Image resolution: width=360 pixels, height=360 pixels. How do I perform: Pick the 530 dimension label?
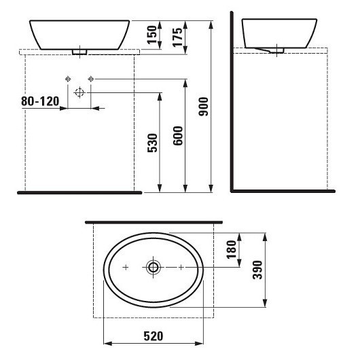tap(152, 143)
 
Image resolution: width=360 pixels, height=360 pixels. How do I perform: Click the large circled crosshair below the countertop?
tap(79, 92)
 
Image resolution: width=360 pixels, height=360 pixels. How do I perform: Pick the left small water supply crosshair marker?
tap(67, 79)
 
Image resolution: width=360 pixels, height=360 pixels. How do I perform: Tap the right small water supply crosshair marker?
tap(91, 79)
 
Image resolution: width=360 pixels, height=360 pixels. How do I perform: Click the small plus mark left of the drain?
tap(126, 268)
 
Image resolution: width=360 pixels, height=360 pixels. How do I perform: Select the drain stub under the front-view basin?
tap(80, 50)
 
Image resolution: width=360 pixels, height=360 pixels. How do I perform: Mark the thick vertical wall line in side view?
tap(231, 102)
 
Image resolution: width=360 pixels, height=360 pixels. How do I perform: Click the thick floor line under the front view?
tap(78, 193)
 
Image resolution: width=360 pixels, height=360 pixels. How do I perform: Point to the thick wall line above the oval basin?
tap(154, 221)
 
